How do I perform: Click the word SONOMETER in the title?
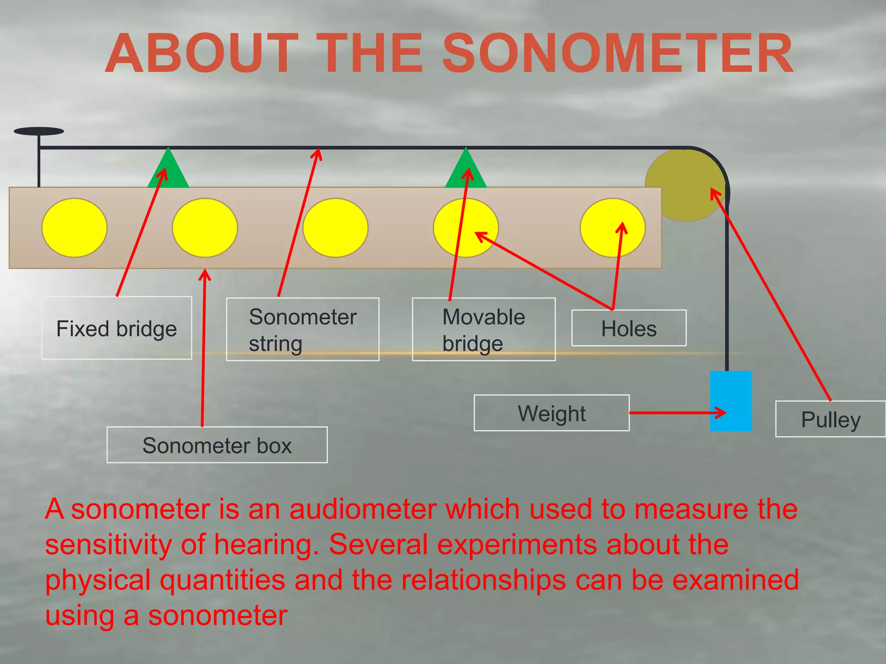pos(617,54)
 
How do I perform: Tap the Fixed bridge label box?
pos(116,328)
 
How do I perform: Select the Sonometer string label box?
pos(302,329)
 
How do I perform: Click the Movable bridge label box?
pos(483,329)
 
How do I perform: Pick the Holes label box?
pos(629,328)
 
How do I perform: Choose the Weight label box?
pos(551,413)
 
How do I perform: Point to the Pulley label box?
pos(830,419)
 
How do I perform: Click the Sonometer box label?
pos(217,445)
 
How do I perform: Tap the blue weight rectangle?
pos(731,401)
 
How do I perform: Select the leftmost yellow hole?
pos(74,228)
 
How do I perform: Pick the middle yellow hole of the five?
pos(335,228)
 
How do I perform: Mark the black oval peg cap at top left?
pos(39,131)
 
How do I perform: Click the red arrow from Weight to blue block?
pos(675,413)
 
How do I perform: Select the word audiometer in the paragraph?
pos(363,509)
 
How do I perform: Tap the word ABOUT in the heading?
pos(202,54)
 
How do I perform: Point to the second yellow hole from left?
pos(205,228)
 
